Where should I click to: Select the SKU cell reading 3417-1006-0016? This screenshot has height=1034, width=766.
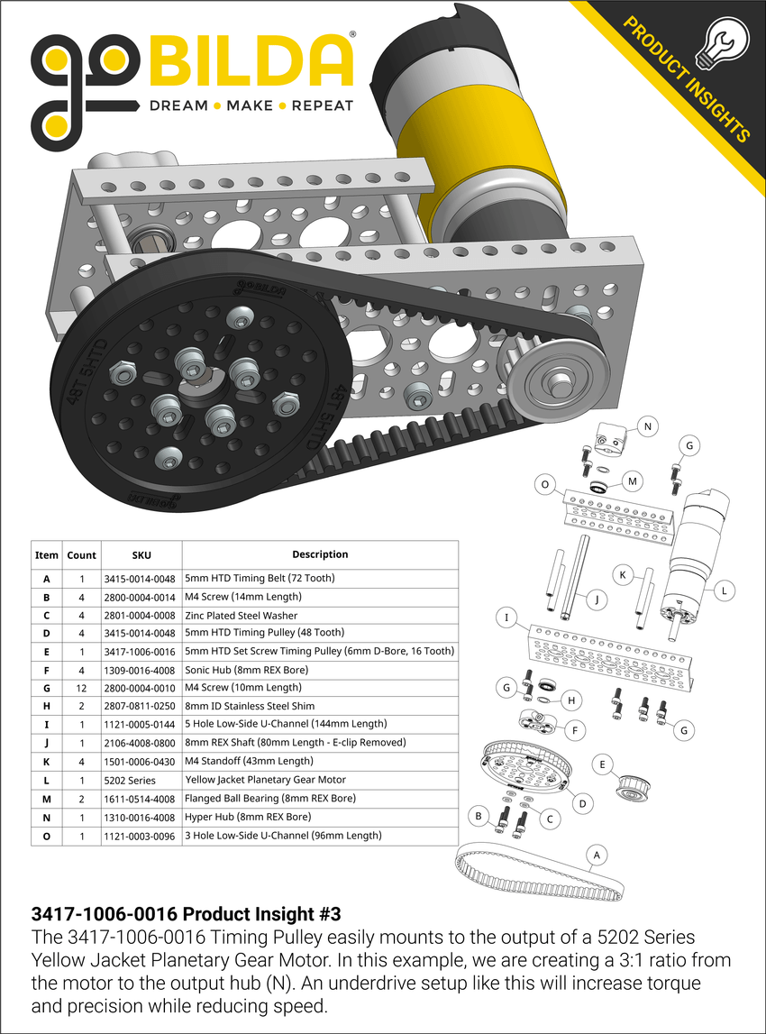click(141, 651)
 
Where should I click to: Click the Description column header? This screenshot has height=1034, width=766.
click(320, 554)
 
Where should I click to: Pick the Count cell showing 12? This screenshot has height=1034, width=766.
click(81, 688)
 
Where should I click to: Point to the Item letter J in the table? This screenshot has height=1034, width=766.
click(46, 743)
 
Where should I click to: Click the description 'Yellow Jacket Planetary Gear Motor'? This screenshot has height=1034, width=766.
click(265, 780)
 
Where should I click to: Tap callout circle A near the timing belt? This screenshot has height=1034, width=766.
click(593, 853)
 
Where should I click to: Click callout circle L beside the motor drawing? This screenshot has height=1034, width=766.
click(724, 591)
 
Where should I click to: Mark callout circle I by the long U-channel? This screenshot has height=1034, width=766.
click(508, 618)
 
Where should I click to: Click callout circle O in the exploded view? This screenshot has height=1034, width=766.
click(543, 484)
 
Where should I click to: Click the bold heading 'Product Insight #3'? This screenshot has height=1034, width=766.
click(186, 912)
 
